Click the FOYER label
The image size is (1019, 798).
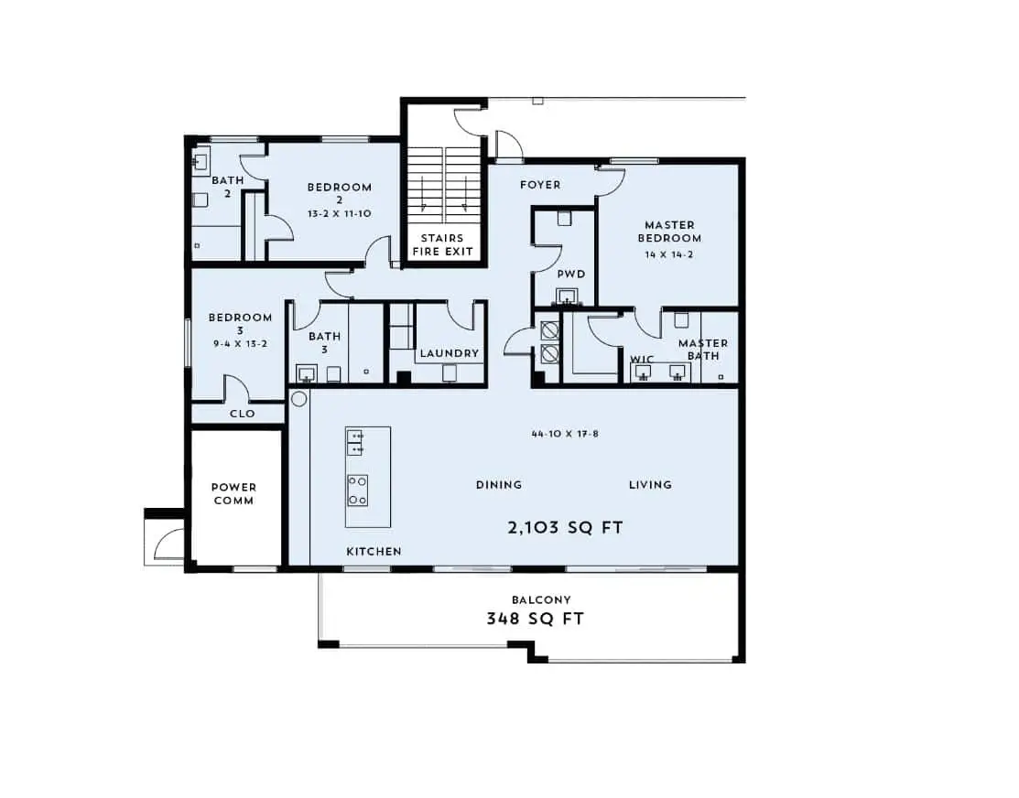[540, 185]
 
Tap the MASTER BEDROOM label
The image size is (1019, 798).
[669, 232]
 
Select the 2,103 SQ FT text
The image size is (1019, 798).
[565, 528]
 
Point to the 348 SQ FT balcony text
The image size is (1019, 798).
[536, 619]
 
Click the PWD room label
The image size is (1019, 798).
[571, 275]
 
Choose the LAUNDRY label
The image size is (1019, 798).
[449, 353]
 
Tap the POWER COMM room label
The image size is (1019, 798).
[234, 494]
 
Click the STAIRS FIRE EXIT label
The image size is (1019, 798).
[442, 245]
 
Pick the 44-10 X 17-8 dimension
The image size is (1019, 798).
[565, 434]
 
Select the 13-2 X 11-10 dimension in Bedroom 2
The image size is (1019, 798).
[340, 214]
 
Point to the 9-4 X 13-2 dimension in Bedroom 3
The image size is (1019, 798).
[241, 344]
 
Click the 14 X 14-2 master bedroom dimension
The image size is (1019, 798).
[668, 254]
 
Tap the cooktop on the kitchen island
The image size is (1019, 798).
[357, 490]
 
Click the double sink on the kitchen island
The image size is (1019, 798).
[355, 443]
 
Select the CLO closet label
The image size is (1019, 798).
[243, 414]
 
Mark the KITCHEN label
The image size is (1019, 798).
[374, 552]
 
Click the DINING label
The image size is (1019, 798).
[499, 485]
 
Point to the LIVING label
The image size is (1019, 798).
[651, 485]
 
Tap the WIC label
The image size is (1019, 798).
[642, 360]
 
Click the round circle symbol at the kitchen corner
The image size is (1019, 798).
[299, 399]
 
